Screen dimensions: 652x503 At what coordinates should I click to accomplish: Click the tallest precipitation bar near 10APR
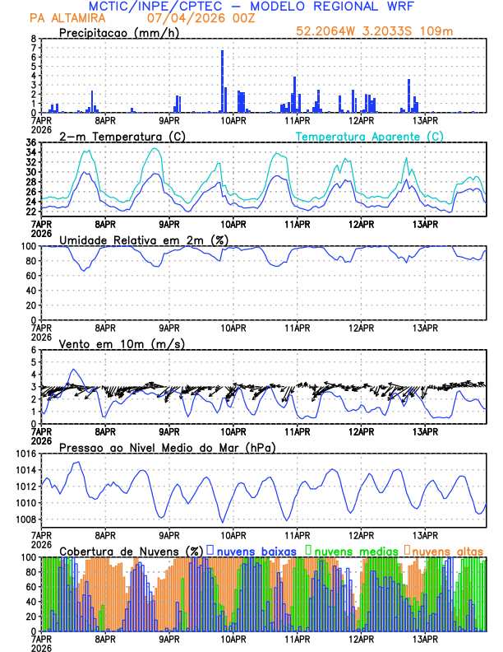222,81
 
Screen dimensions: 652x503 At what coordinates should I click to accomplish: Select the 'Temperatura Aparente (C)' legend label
370,136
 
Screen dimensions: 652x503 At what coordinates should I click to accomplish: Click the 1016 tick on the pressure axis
27,454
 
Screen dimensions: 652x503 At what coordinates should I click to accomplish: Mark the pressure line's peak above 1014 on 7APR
77,463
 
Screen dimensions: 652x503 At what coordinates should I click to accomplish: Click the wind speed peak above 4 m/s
73,370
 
